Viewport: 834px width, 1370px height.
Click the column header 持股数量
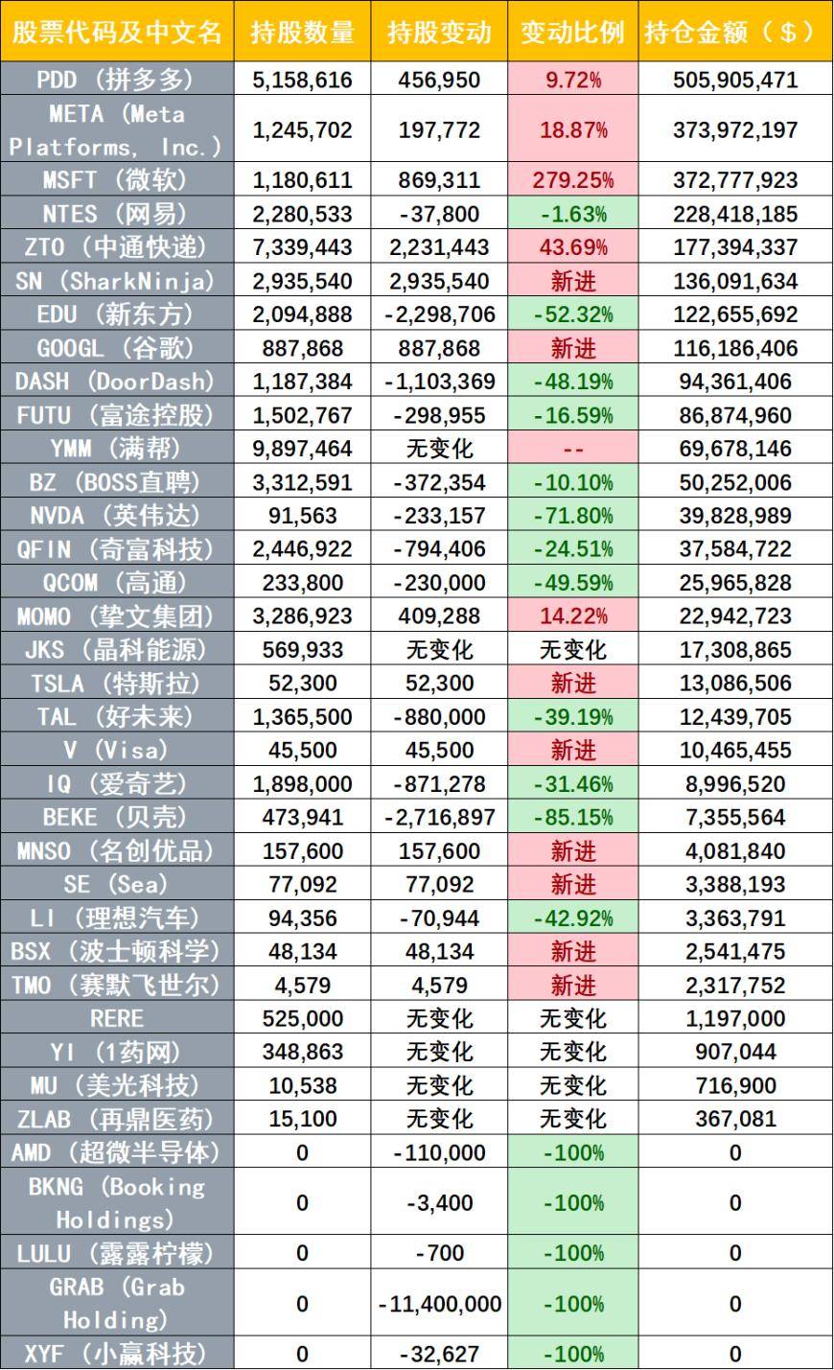(x=302, y=33)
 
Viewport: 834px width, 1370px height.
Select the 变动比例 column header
(x=572, y=33)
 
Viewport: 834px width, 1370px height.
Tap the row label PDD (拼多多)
(x=116, y=80)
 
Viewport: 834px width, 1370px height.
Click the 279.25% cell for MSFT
(x=572, y=180)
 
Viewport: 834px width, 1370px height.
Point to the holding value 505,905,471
(x=735, y=80)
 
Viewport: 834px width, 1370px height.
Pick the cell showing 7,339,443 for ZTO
(x=302, y=247)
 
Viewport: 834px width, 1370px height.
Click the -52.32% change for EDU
(x=572, y=314)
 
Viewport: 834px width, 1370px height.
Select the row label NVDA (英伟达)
(x=116, y=516)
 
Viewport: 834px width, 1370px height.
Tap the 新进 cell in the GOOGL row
(x=572, y=348)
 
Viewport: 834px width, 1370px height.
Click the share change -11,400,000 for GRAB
(x=440, y=1304)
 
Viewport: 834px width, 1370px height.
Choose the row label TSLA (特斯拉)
(x=116, y=684)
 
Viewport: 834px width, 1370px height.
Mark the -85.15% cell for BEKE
(x=572, y=818)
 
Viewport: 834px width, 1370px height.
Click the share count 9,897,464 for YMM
(x=302, y=449)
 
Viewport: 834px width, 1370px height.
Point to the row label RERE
(x=116, y=1018)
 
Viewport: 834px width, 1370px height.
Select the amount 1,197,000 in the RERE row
(x=735, y=1018)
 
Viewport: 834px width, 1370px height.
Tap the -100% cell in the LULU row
(x=572, y=1253)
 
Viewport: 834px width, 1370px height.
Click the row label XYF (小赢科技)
(x=116, y=1354)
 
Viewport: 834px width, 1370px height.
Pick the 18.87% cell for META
(x=572, y=129)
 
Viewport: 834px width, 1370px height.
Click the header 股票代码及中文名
(x=116, y=33)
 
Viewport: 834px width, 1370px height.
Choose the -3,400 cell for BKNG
(x=440, y=1203)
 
